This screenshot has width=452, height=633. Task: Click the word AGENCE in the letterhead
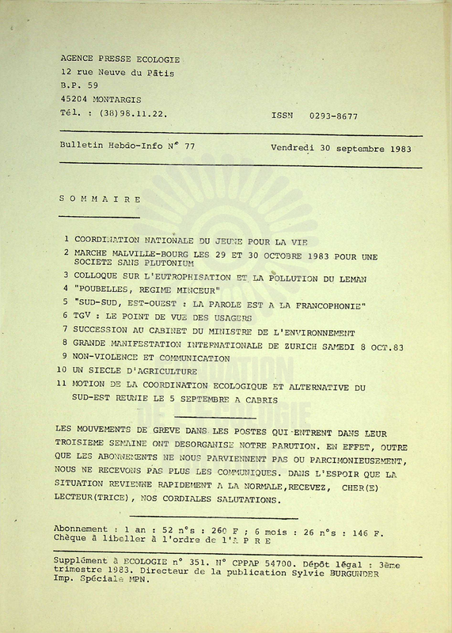tap(78, 59)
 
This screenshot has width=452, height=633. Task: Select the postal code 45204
tap(74, 100)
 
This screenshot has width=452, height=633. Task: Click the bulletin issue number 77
tap(188, 146)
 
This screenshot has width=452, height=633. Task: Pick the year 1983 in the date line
tap(405, 147)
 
